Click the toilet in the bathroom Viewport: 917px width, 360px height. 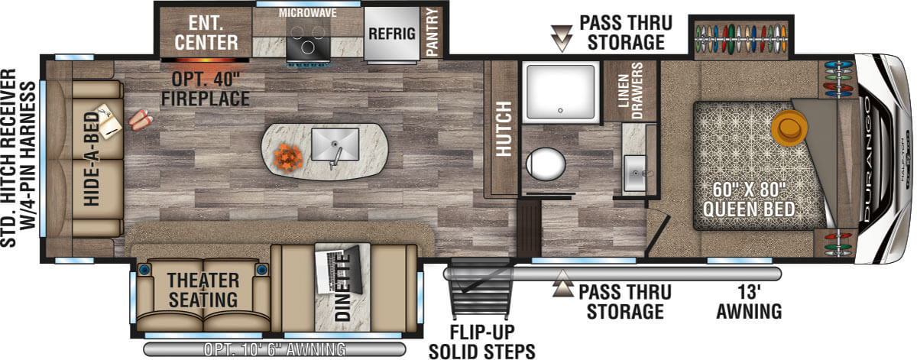coord(546,164)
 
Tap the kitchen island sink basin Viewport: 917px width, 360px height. coord(335,144)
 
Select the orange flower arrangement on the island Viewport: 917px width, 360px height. coord(288,157)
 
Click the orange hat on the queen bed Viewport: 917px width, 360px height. coord(789,128)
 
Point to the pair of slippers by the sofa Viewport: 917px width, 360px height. coord(141,118)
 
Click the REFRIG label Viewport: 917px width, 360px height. coord(392,34)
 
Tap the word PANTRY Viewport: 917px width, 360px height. coord(433,32)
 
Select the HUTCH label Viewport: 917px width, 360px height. coord(504,128)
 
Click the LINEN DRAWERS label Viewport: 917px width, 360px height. coord(630,91)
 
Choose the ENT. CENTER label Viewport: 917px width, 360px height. coord(206,33)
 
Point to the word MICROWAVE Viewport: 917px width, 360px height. coord(308,13)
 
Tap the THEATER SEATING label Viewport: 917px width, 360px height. coord(203,290)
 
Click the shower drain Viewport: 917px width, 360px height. coord(560,111)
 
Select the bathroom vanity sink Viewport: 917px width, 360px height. coord(634,174)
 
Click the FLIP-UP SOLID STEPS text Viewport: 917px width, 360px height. coord(482,342)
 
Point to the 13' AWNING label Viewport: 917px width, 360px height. coord(749,302)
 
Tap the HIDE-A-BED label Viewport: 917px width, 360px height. coord(91,159)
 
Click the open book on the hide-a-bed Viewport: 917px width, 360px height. coord(108,122)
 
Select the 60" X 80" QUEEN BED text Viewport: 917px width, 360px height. coord(749,199)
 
